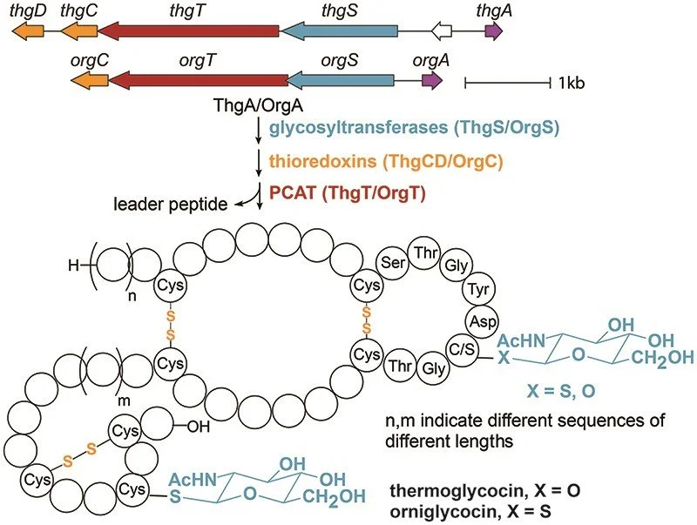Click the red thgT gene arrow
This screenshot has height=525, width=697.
tap(187, 31)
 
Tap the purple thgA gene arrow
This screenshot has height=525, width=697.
tap(494, 31)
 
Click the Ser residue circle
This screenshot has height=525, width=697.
tap(392, 261)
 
